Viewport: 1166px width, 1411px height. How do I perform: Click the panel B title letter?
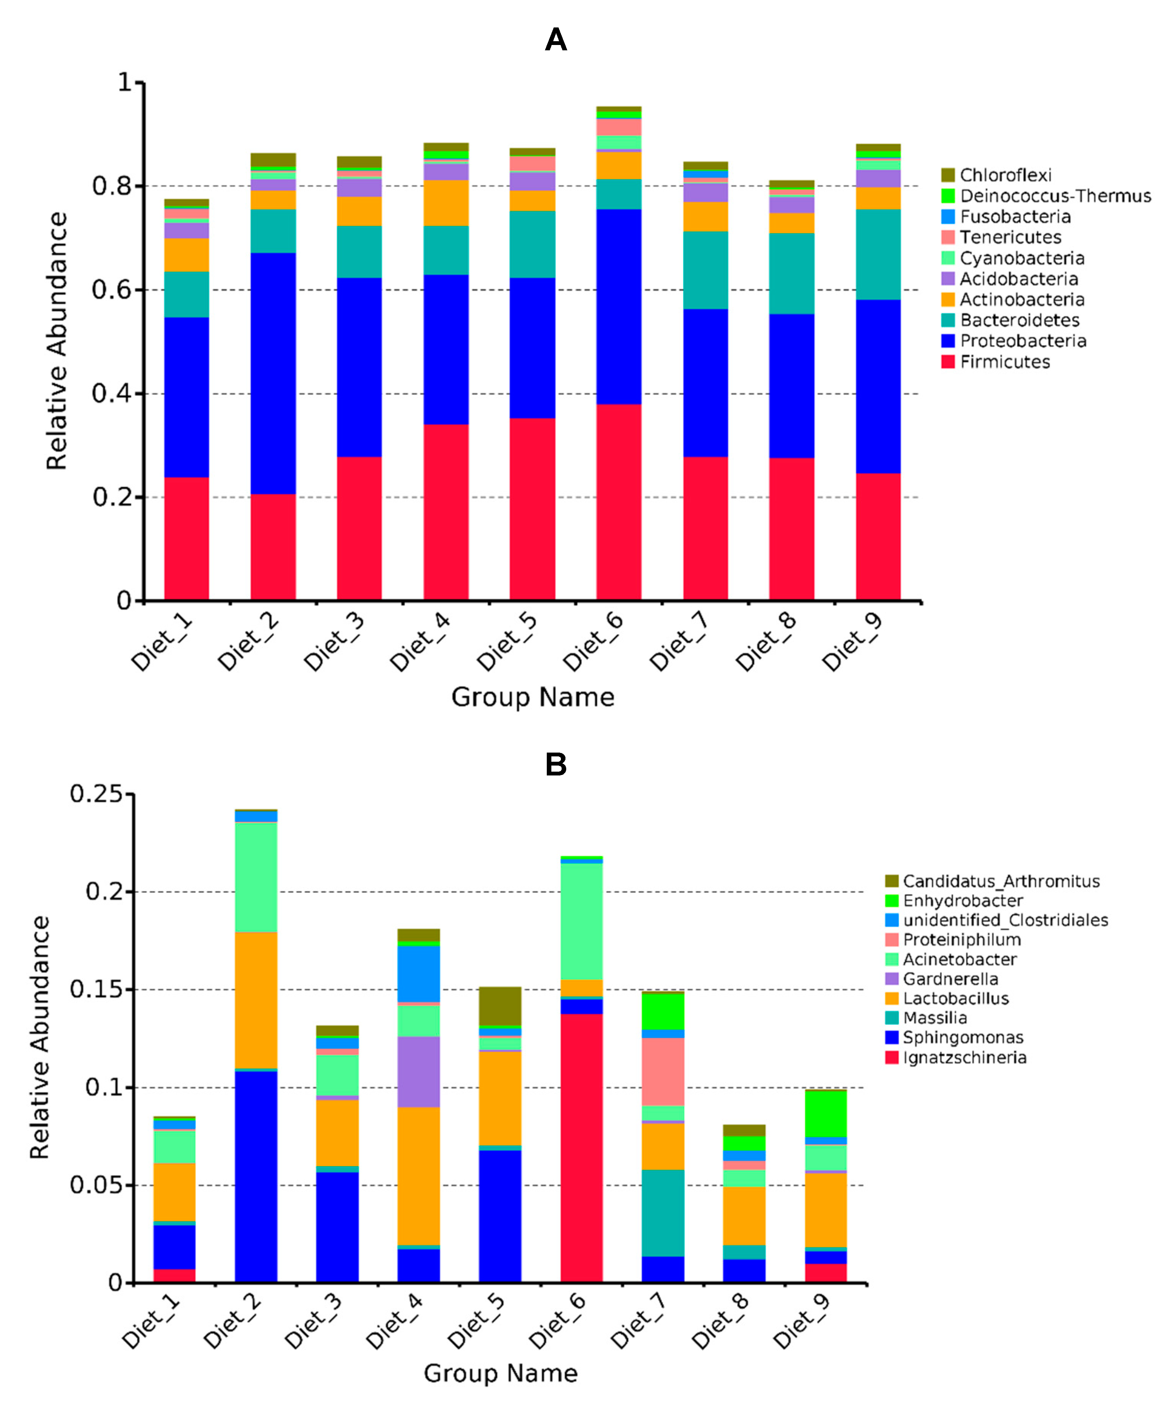(556, 764)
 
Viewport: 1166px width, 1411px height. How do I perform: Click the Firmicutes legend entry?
(1004, 362)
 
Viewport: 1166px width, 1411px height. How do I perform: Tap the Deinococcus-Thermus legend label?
(1055, 196)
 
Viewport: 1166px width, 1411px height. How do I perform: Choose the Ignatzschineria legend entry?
(964, 1058)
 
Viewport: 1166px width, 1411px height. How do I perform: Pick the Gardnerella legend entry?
(950, 979)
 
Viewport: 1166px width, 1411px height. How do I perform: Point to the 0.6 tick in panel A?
(111, 290)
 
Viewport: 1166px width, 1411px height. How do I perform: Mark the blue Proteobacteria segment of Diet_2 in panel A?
(273, 373)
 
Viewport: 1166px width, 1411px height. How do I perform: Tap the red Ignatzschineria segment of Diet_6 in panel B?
(581, 1148)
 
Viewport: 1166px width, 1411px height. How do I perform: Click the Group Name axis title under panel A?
(532, 697)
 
